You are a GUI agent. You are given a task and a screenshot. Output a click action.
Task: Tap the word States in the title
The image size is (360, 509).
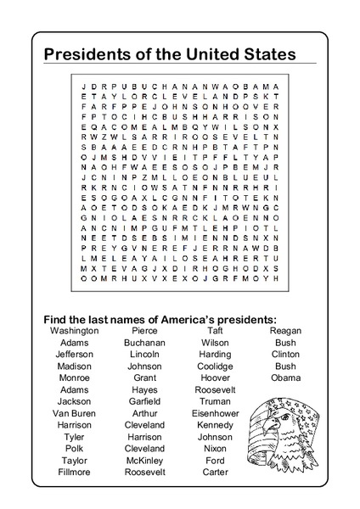tap(265, 53)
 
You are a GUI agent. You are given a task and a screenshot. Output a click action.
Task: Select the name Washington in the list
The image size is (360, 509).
tap(75, 331)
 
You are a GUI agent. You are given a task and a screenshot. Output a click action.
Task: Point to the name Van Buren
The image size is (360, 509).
tap(75, 413)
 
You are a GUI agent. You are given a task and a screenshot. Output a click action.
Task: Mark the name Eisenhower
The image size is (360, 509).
tap(215, 413)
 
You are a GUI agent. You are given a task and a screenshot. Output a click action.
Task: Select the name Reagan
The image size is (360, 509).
tap(285, 331)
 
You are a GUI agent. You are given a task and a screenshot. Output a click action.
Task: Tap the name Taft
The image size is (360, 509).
tap(215, 331)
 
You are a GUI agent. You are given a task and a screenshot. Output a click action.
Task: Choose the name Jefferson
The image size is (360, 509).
tap(75, 354)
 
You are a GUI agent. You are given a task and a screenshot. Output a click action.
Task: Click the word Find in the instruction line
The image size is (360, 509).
tap(56, 318)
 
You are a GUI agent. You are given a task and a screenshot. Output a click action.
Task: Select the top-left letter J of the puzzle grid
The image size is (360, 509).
tap(83, 87)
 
